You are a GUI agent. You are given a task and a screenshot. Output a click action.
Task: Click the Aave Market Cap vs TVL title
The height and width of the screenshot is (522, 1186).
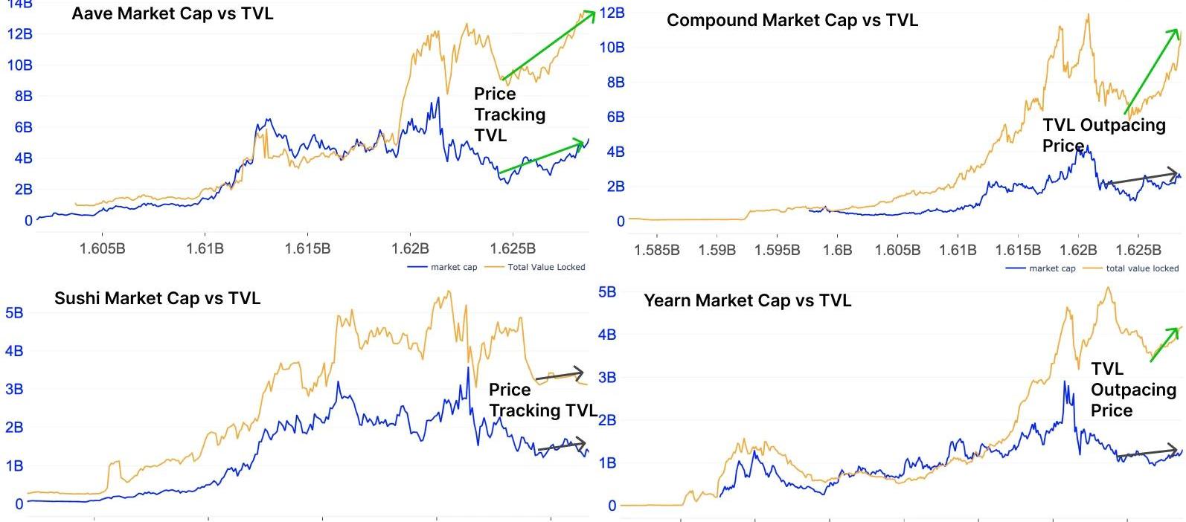[172, 13]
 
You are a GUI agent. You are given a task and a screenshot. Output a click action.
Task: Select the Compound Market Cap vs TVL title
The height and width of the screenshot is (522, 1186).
[792, 20]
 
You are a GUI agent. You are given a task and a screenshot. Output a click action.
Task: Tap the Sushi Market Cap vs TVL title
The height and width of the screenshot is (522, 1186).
[157, 298]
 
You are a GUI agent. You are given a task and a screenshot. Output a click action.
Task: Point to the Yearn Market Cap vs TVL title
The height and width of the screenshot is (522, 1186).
[747, 300]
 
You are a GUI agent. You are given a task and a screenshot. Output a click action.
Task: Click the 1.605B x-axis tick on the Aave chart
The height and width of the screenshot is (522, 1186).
[102, 248]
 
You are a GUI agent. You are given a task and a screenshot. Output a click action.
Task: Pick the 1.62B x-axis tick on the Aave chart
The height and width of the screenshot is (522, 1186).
[410, 248]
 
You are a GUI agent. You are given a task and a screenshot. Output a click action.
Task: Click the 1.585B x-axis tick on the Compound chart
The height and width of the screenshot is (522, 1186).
[657, 250]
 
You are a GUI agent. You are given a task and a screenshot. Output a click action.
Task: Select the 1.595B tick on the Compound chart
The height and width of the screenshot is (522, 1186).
[777, 250]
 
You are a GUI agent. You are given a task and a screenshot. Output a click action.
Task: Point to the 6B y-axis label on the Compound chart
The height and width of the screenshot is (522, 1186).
[615, 117]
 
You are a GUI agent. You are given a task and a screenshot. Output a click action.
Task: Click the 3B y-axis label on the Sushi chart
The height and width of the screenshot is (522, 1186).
[14, 390]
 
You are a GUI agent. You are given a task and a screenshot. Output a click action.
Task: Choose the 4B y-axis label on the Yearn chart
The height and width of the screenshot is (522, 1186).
[607, 335]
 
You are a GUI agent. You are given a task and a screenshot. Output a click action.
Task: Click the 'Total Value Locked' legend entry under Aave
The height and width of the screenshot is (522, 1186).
[545, 267]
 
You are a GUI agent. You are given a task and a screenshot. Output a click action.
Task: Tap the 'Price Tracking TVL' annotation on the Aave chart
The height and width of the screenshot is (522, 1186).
[510, 115]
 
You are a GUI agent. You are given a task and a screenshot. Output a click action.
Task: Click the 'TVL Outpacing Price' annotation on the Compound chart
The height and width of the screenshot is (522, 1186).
[1103, 135]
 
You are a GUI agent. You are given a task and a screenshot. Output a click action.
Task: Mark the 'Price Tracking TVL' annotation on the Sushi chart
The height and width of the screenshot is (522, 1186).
[542, 400]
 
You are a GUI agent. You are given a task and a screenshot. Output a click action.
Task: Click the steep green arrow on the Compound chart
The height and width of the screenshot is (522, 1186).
[1150, 71]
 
